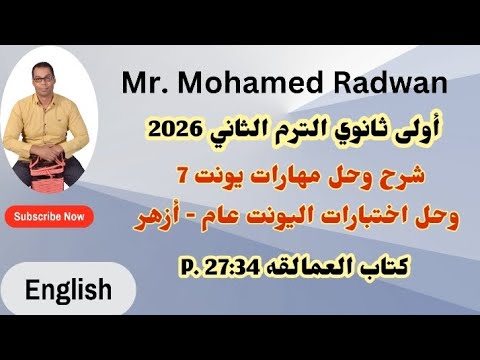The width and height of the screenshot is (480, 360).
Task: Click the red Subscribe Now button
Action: pyautogui.click(x=48, y=216)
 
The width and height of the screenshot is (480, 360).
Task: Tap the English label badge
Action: pyautogui.click(x=68, y=291)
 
